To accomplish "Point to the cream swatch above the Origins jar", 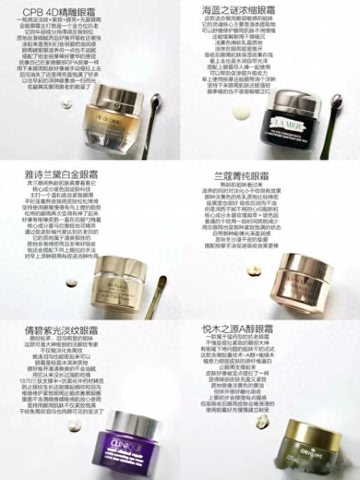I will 262,420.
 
